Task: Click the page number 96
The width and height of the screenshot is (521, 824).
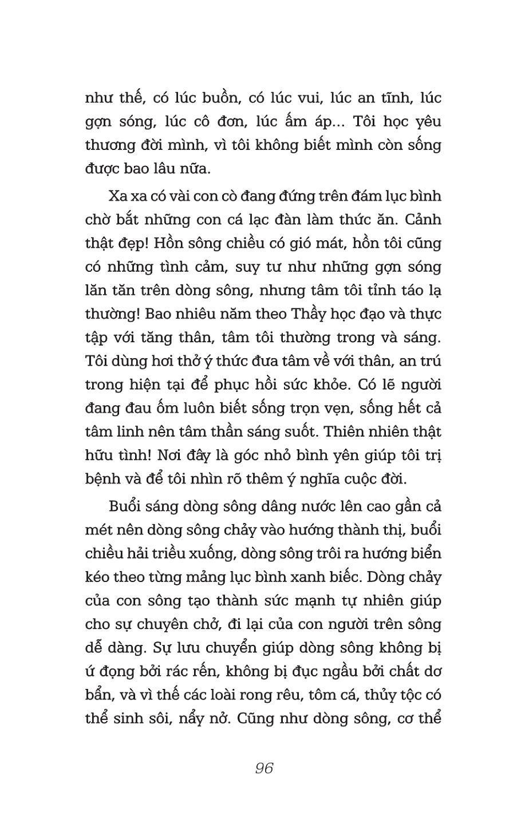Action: [264, 768]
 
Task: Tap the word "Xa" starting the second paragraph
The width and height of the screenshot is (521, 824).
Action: [117, 196]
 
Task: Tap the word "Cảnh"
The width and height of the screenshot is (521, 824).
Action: [422, 220]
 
